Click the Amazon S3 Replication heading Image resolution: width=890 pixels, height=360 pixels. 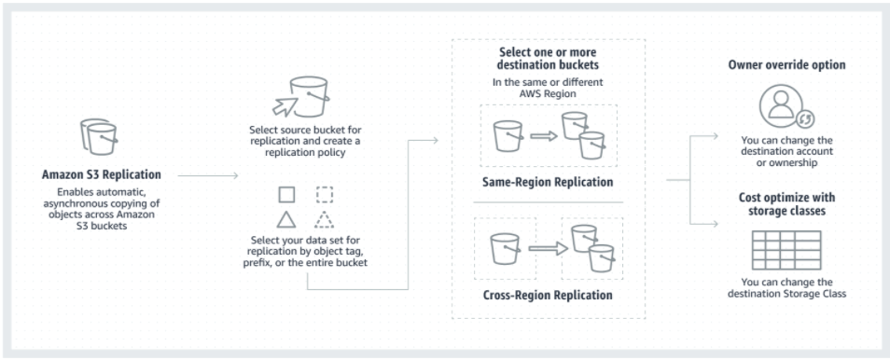click(x=101, y=173)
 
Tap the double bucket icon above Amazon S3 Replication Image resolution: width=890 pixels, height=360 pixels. click(x=100, y=137)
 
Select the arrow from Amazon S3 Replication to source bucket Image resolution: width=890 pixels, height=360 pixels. click(x=208, y=173)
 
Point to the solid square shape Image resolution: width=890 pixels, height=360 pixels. click(x=287, y=195)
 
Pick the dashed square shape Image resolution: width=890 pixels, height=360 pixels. click(x=324, y=195)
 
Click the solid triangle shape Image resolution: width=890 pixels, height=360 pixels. click(x=287, y=220)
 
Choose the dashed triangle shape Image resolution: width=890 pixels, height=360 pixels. click(x=324, y=220)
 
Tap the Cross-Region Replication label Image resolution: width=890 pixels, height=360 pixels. click(x=548, y=295)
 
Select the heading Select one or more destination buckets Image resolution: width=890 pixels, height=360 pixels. click(x=548, y=59)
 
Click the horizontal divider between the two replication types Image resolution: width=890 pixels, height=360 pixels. click(x=548, y=201)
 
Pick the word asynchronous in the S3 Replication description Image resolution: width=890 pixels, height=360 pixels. click(x=90, y=202)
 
